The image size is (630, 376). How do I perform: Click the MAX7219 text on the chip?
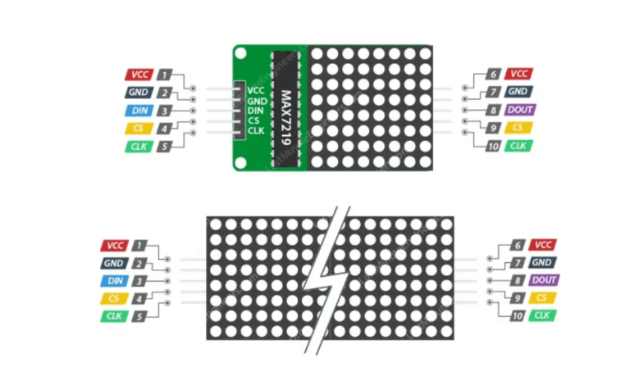point(287,106)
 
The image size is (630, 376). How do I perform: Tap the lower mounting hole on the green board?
point(240,161)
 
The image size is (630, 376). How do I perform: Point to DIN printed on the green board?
point(256,111)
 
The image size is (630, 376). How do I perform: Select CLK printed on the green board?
point(256,130)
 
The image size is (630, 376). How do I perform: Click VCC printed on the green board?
point(256,91)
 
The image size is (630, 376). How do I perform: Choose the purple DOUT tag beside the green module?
point(520,110)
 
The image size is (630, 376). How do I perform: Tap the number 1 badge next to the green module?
point(165,75)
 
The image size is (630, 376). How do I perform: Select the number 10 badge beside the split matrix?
point(517,315)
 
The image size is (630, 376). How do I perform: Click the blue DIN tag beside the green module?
point(138,111)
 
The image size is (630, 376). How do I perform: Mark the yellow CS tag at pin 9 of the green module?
point(518,128)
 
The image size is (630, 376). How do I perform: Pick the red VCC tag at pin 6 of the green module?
point(518,74)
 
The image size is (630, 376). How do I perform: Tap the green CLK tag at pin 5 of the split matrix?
point(113,316)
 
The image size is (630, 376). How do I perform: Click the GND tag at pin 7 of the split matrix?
point(541,262)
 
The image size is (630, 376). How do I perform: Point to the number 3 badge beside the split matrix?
point(140,281)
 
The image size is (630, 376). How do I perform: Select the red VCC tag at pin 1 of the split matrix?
point(114,245)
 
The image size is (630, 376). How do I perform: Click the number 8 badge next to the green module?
point(492,110)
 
